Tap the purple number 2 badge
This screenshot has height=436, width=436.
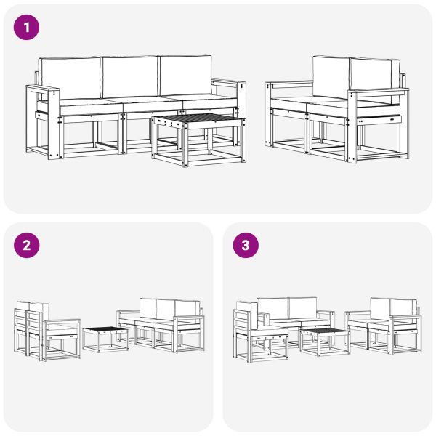[26, 245]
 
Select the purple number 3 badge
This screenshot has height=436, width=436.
[245, 245]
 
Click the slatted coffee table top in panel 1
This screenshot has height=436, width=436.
[196, 119]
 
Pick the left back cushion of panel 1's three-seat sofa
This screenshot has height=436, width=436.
[70, 76]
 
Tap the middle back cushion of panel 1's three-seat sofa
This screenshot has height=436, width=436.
[129, 75]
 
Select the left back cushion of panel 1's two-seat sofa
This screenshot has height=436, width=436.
[331, 76]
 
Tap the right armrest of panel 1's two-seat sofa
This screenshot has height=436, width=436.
[378, 92]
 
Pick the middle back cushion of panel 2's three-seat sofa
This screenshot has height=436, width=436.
[166, 307]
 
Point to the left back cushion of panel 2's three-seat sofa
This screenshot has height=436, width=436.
[148, 306]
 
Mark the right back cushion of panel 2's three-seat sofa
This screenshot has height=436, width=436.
[187, 307]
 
